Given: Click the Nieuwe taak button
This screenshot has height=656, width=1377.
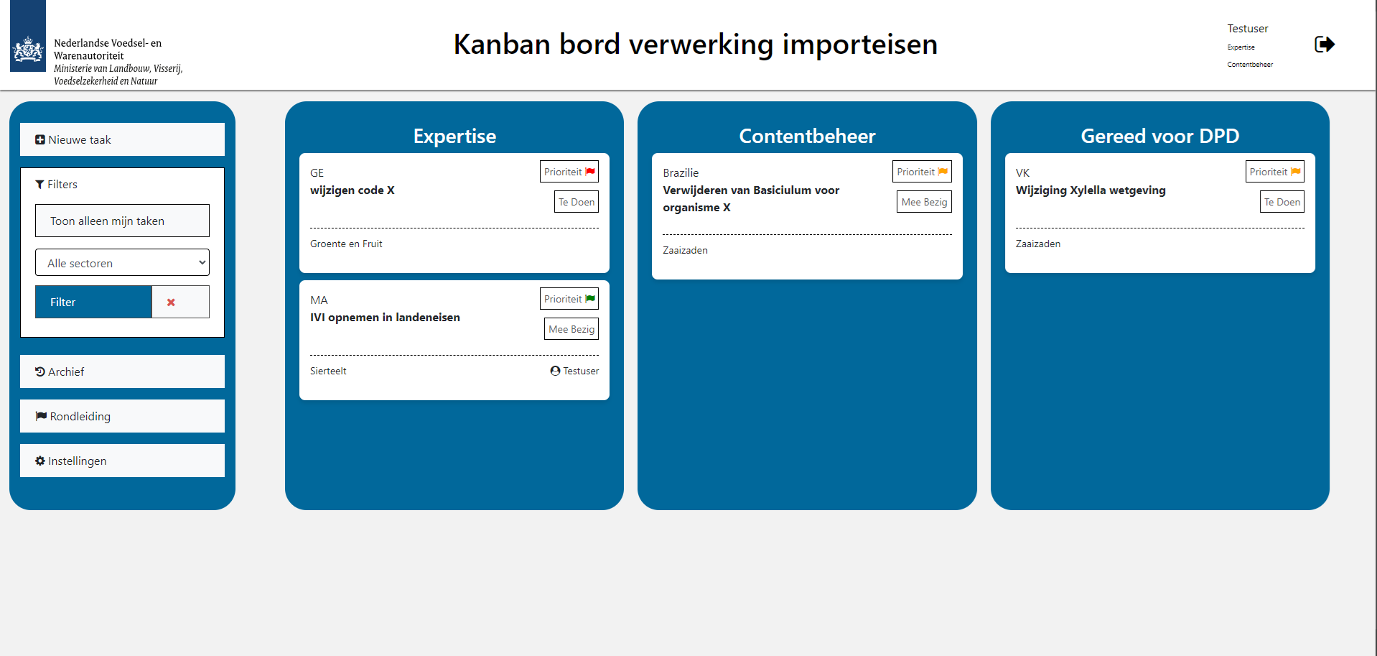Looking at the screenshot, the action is click(x=122, y=139).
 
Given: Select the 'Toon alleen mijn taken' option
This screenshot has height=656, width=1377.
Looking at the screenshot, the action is click(x=122, y=221).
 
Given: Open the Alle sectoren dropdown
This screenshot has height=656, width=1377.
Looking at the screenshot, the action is click(x=122, y=263).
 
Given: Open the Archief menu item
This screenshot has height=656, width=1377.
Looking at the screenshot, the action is click(x=122, y=371).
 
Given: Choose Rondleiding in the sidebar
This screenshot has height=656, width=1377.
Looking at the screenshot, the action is click(x=122, y=416).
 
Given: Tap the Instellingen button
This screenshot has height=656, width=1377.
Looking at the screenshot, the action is click(x=122, y=461).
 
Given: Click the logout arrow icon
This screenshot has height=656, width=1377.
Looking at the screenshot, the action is click(x=1325, y=45).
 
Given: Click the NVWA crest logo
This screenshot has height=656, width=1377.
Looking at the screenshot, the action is click(x=28, y=50).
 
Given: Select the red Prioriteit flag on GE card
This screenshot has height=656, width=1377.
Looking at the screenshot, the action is click(x=590, y=172).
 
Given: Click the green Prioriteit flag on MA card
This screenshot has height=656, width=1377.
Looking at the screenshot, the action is click(x=590, y=299).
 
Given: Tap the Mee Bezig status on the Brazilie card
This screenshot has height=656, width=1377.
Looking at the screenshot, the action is click(x=924, y=202).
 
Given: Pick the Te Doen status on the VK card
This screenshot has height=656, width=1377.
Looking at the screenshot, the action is click(x=1282, y=202).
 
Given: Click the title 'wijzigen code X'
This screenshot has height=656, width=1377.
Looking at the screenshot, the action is click(x=353, y=190).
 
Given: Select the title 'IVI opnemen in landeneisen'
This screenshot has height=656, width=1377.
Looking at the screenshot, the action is click(x=385, y=318).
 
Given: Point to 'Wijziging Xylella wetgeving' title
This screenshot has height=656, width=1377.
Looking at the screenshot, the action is click(x=1091, y=190).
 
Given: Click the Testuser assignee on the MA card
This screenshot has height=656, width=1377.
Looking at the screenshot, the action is click(x=574, y=371).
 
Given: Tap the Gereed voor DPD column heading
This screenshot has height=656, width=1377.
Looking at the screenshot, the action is click(x=1160, y=136).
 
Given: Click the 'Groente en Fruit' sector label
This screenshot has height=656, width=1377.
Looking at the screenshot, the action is click(x=346, y=244).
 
